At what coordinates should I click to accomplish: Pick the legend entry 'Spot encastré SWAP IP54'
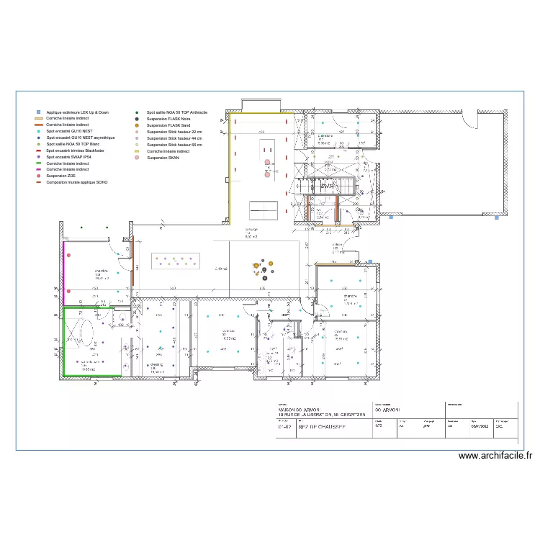[69, 157]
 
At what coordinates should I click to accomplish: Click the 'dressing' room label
[157, 365]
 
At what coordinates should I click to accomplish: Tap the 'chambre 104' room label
[100, 274]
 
